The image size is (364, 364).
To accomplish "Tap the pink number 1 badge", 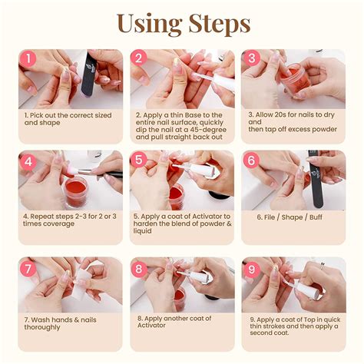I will [28, 59].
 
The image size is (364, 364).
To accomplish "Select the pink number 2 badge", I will [139, 59].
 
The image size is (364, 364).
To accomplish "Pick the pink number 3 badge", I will [251, 59].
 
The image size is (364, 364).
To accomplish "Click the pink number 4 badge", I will [28, 161].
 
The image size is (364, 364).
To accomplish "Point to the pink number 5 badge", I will [139, 161].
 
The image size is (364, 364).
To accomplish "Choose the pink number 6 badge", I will [251, 161].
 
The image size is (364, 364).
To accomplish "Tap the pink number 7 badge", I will [28, 269].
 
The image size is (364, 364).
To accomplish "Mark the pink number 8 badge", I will [139, 269].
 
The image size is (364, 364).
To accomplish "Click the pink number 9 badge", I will [251, 269].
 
